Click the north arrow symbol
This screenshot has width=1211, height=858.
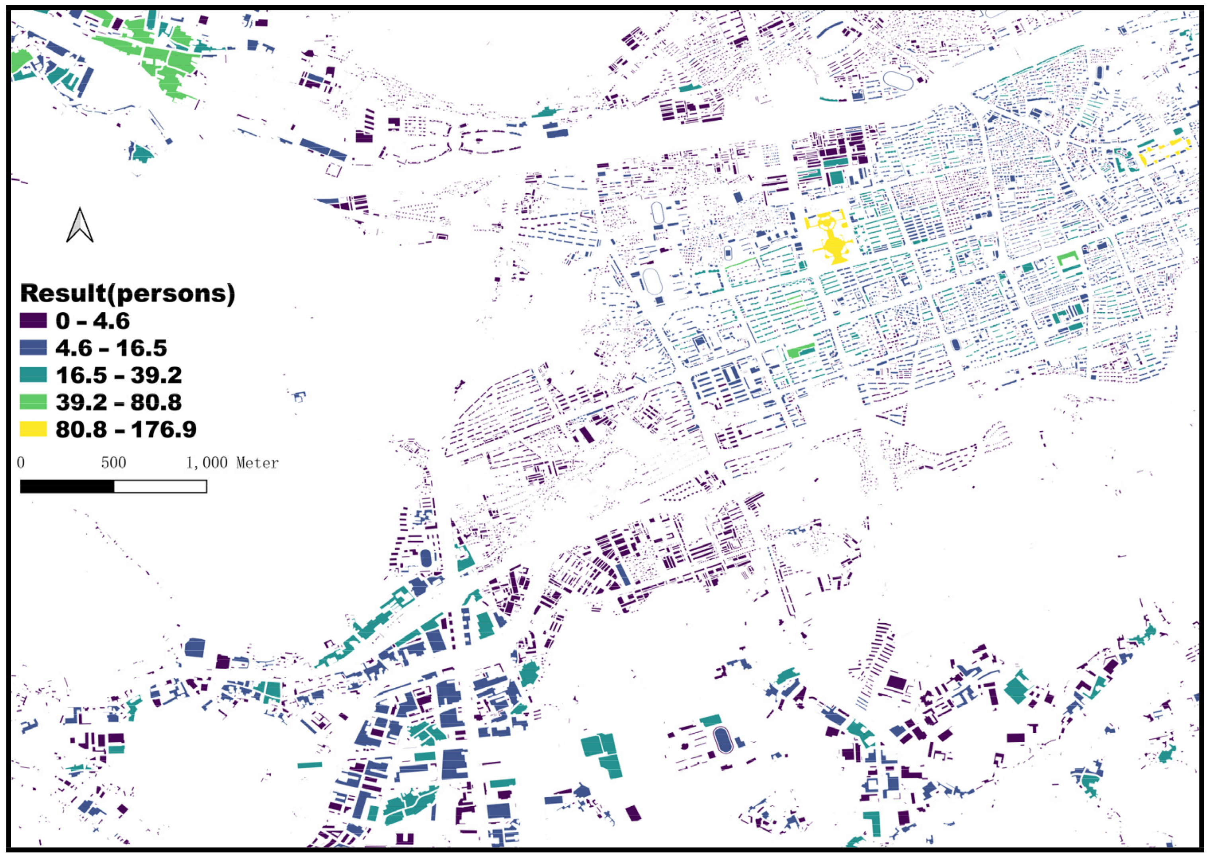(80, 226)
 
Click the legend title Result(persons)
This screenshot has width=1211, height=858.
(127, 293)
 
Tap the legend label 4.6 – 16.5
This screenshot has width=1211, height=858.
(111, 348)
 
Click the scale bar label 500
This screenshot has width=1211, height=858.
(113, 463)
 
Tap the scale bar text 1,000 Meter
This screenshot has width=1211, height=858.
(232, 463)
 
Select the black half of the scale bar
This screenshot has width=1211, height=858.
(67, 486)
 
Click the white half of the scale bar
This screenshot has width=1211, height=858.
(160, 486)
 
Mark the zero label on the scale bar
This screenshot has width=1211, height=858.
(21, 463)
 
